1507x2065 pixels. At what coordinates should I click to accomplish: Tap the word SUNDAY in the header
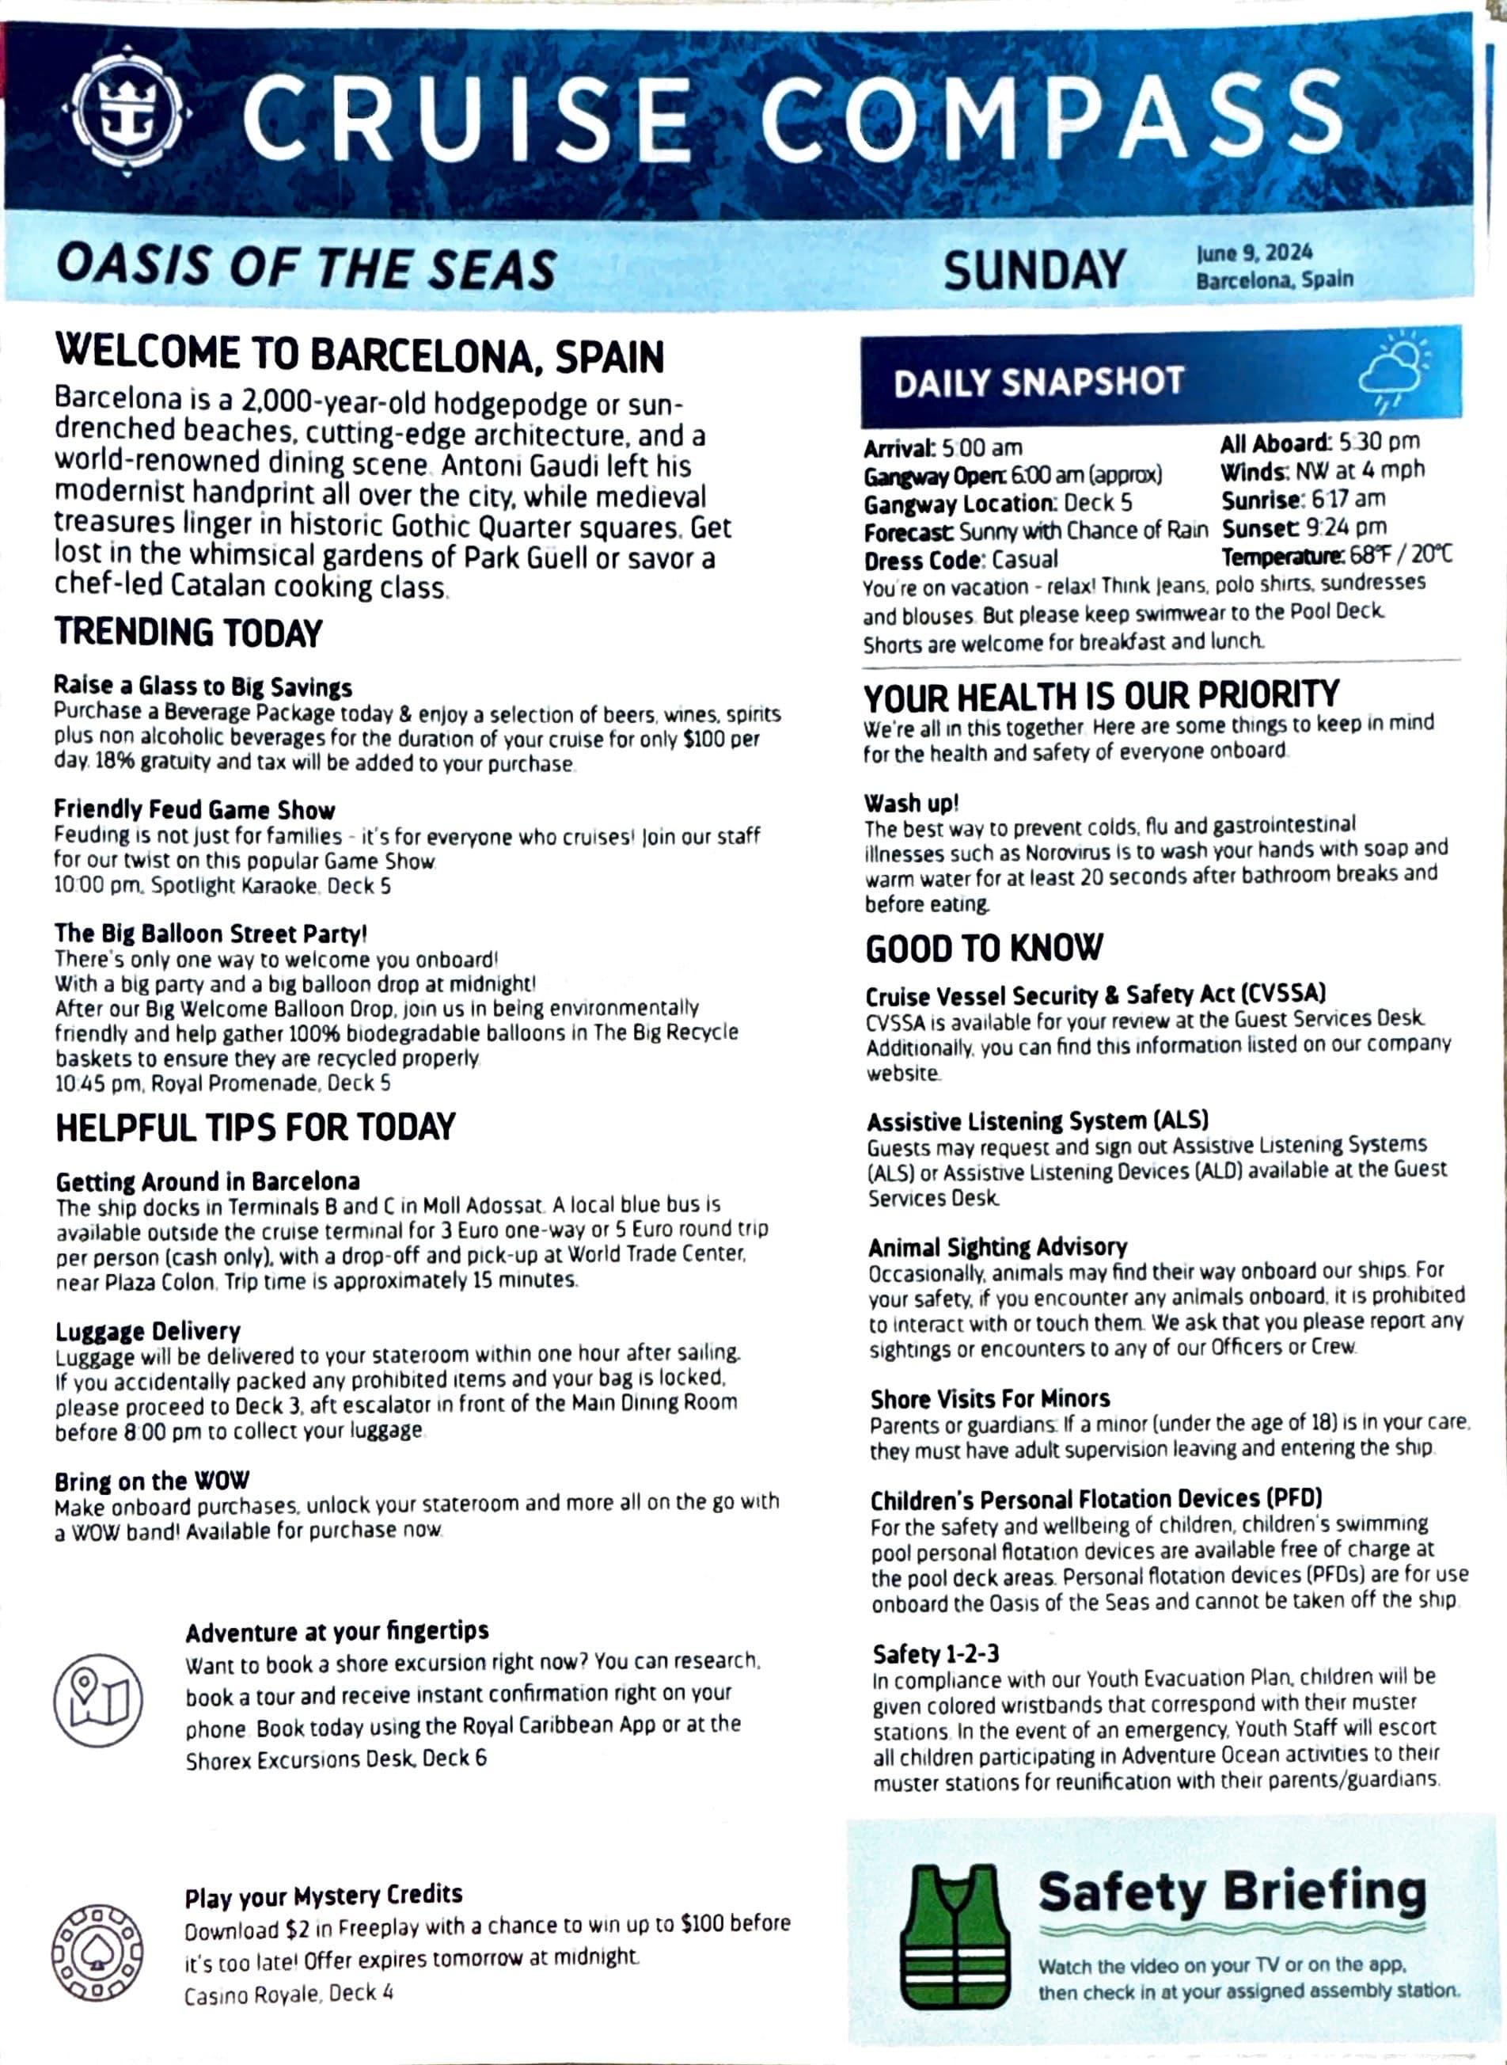coord(1034,271)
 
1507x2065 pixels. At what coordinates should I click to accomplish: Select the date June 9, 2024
coord(1255,253)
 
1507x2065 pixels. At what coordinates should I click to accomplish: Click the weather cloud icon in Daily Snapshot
coord(1394,375)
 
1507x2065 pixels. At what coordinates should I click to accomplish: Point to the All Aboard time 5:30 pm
coord(1380,443)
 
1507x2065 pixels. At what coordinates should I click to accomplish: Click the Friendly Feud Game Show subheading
coord(194,809)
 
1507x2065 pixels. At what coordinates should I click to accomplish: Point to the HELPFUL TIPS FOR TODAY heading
coord(256,1127)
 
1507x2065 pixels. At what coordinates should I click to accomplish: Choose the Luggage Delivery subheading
coord(148,1331)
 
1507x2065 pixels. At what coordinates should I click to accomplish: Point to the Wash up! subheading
coord(911,803)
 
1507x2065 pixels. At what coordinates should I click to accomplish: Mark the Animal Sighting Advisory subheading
coord(998,1246)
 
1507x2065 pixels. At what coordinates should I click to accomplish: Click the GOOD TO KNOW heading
coord(985,948)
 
